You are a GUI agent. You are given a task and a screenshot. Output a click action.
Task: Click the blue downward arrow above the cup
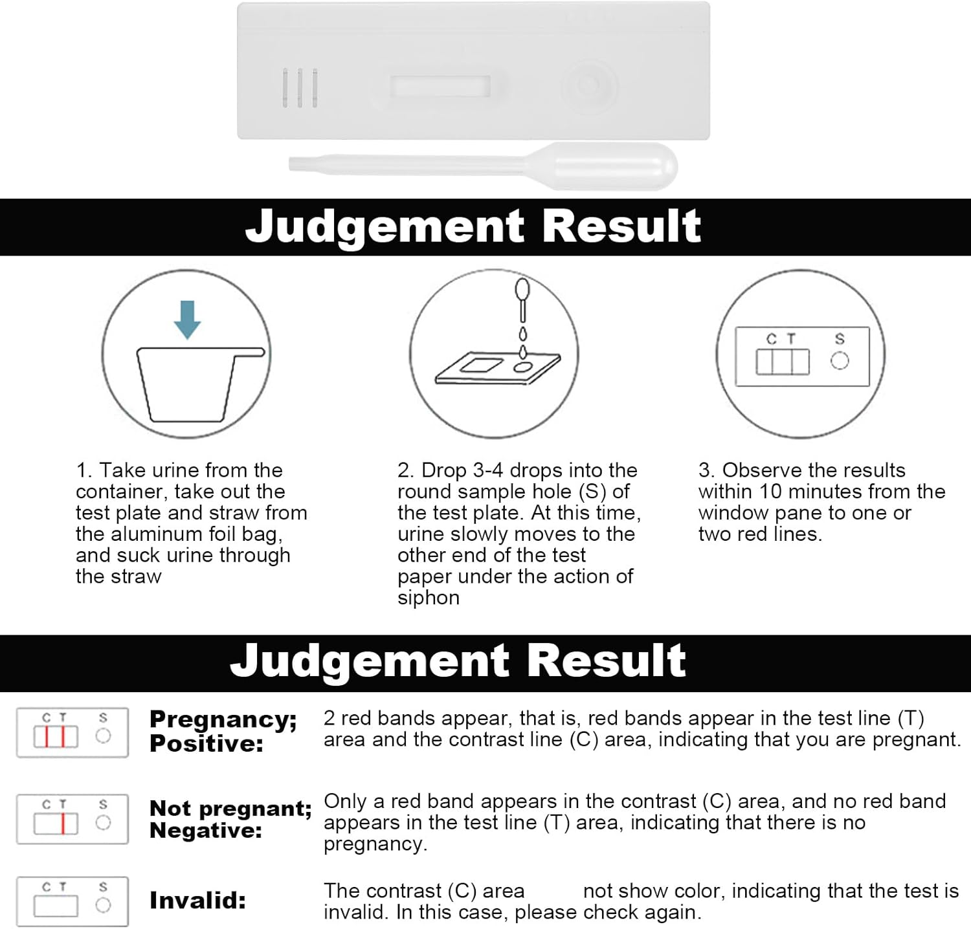pyautogui.click(x=188, y=320)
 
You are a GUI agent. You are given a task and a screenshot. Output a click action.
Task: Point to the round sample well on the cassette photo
pyautogui.click(x=588, y=85)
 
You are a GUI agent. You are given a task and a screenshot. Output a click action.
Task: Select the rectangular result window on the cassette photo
pyautogui.click(x=440, y=87)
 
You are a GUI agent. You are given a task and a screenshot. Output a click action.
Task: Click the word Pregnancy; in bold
pyautogui.click(x=223, y=720)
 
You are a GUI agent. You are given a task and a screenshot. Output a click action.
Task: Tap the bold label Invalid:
pyautogui.click(x=197, y=901)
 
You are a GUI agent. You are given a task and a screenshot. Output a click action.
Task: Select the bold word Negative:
pyautogui.click(x=206, y=830)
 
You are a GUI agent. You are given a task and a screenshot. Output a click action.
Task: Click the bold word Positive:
pyautogui.click(x=206, y=743)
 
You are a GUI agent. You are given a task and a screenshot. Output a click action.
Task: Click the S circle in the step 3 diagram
pyautogui.click(x=840, y=360)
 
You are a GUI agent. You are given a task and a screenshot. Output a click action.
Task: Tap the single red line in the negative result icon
pyautogui.click(x=63, y=824)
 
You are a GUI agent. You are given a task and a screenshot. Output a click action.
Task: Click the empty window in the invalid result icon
pyautogui.click(x=56, y=906)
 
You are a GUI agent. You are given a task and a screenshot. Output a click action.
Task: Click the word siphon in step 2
pyautogui.click(x=429, y=598)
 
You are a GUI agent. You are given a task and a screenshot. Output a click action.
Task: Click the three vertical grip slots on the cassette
pyautogui.click(x=300, y=87)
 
